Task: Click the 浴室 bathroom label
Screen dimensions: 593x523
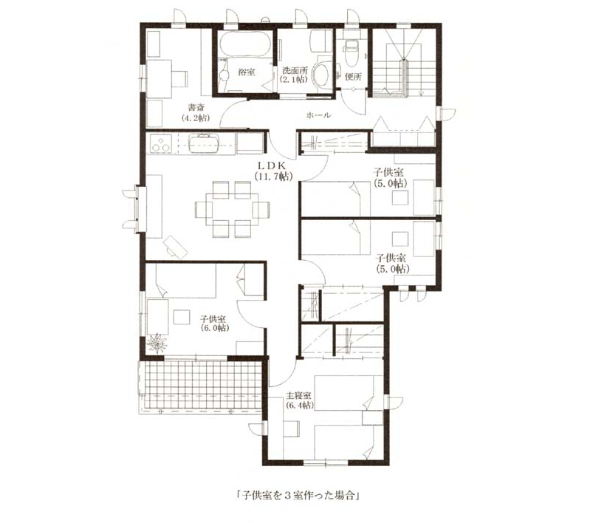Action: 246,72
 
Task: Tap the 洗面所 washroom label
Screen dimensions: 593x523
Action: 295,70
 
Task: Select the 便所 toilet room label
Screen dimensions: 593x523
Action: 354,77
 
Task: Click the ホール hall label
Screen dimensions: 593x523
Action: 318,115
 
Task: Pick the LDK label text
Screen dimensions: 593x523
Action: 272,165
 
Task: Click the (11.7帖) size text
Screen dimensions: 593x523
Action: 273,177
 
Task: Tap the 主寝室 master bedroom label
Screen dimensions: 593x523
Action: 298,396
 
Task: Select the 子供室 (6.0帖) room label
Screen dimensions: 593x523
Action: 214,324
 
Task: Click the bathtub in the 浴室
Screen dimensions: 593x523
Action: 245,44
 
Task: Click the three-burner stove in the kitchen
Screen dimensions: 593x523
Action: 161,144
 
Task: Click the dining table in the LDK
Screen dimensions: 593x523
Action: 232,209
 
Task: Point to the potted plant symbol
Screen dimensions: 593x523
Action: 157,343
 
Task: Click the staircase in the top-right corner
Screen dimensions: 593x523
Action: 404,68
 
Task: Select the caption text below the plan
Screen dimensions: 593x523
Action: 298,496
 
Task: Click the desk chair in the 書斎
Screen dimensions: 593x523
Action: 180,79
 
